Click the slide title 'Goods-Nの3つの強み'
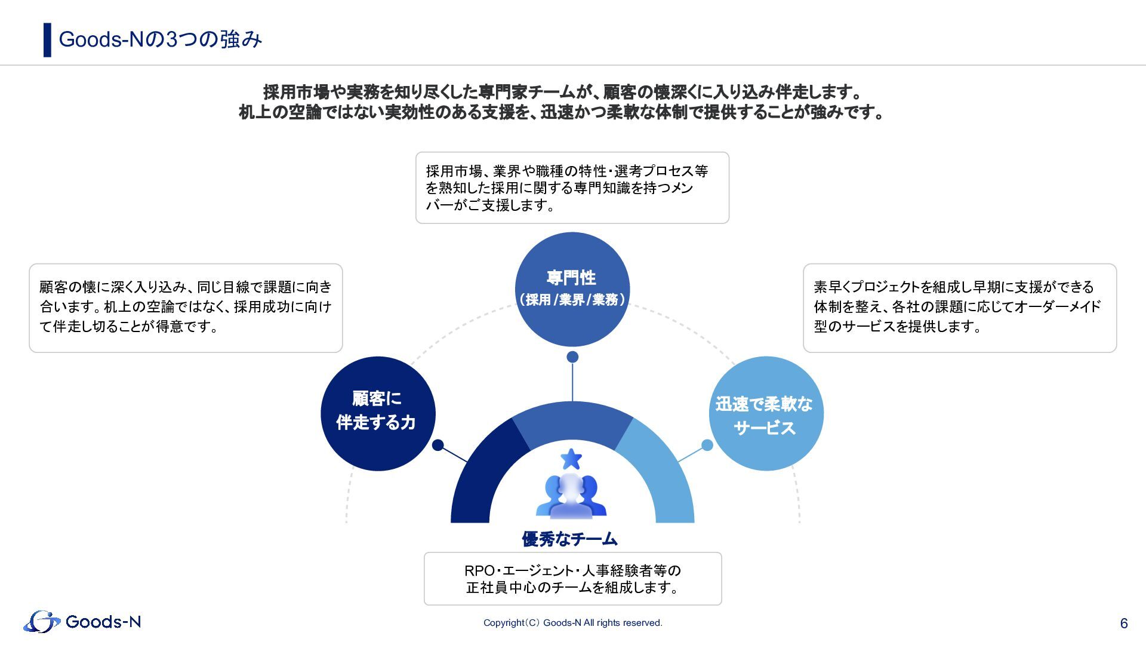(160, 39)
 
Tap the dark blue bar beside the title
(47, 40)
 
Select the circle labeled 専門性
(572, 289)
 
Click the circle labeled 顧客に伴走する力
(377, 413)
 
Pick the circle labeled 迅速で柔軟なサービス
(766, 413)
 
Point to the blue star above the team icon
(571, 459)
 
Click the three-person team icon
(571, 496)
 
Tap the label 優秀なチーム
(569, 539)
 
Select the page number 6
(1124, 623)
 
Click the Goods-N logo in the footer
(82, 622)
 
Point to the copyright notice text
(572, 623)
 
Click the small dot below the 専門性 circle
(572, 357)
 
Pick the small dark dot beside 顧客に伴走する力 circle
(438, 445)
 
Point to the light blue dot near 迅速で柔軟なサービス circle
(707, 445)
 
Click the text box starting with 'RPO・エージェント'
(572, 579)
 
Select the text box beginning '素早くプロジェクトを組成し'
(959, 308)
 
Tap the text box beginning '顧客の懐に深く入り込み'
(186, 308)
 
